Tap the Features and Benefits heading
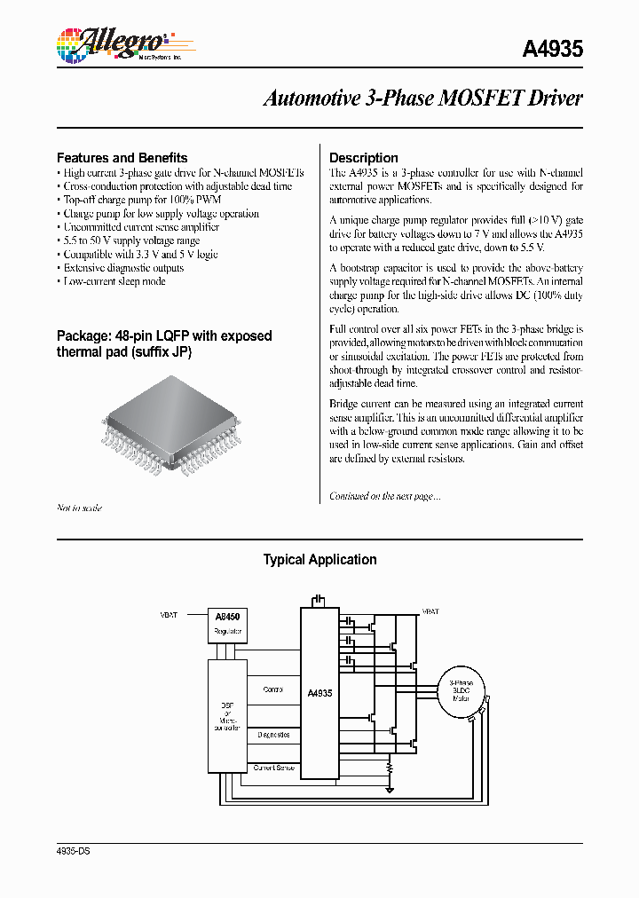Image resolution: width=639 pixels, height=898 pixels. pos(122,157)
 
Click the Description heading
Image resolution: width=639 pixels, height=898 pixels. pos(363,157)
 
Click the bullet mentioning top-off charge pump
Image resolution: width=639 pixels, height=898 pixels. pos(142,200)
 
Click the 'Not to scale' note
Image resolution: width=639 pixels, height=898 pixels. pos(79,508)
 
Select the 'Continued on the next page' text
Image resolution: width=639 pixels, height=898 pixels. pos(384,496)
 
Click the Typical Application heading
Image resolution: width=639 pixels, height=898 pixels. pos(319,560)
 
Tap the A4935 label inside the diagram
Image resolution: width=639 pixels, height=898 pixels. pos(319,693)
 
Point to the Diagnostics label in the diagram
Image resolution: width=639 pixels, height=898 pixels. pos(273,735)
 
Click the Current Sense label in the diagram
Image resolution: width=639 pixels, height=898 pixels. pos(273,767)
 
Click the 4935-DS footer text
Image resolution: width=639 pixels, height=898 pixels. pos(73,851)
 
